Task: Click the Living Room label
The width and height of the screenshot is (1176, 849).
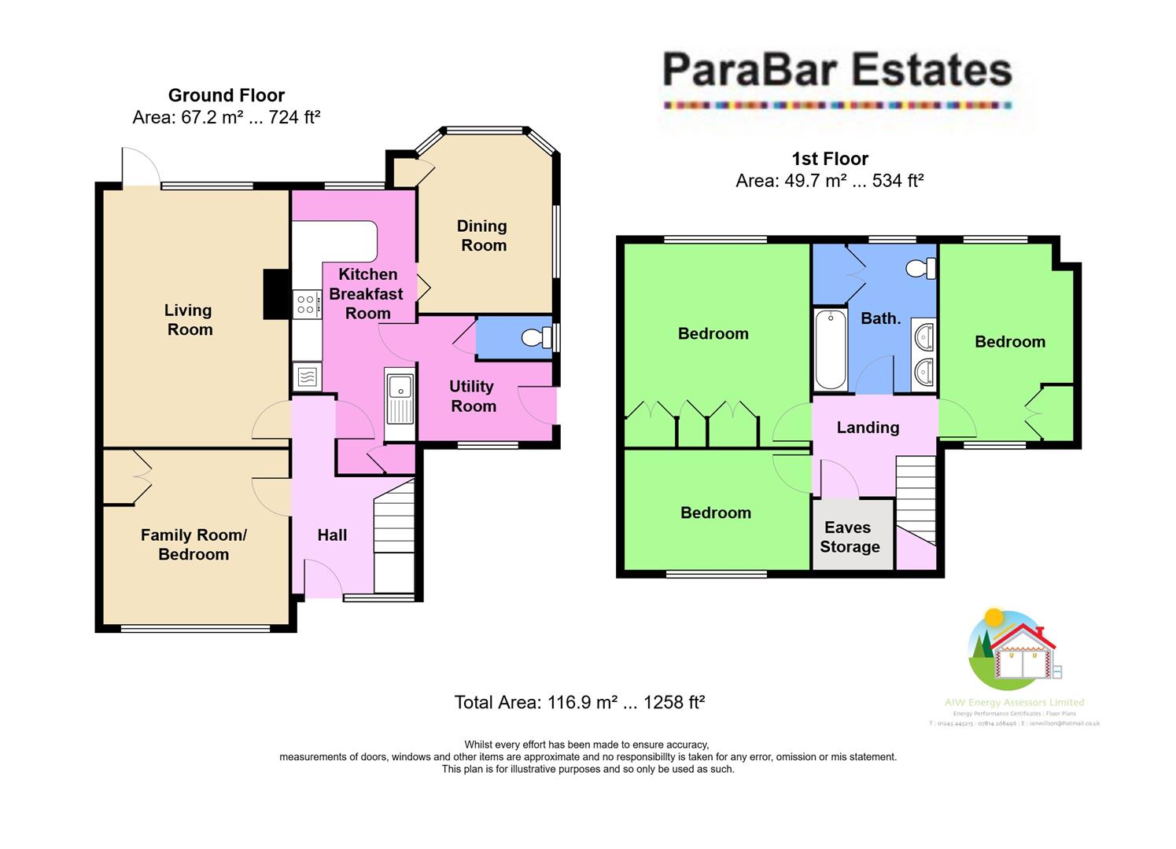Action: (189, 320)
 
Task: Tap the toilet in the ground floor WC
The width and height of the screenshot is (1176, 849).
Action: (537, 338)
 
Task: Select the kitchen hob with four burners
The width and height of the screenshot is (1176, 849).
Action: (307, 304)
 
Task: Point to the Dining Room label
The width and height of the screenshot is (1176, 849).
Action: (482, 236)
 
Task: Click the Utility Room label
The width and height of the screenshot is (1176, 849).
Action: (473, 396)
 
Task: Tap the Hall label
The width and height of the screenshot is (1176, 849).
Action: (332, 535)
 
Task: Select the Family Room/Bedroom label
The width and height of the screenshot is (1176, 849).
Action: (194, 545)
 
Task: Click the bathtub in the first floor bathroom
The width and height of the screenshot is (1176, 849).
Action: (831, 350)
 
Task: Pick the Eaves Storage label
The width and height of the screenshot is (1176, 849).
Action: (849, 537)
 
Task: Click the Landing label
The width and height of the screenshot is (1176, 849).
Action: (868, 428)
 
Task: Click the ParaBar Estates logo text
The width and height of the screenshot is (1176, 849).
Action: (837, 70)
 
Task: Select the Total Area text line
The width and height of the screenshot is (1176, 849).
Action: (579, 702)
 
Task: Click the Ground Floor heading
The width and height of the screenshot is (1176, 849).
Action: (227, 96)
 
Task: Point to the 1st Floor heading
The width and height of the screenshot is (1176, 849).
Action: (830, 159)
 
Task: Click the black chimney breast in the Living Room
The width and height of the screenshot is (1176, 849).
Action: (275, 294)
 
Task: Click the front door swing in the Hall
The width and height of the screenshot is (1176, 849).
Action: (322, 579)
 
